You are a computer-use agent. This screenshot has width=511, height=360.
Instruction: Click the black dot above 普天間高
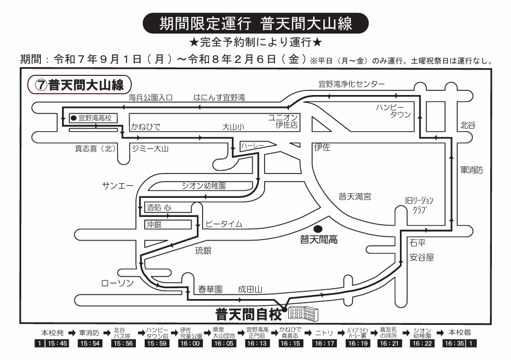pos(318,229)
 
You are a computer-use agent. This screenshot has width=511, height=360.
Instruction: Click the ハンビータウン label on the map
pos(394,111)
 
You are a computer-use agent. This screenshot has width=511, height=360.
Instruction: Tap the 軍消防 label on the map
pos(472,170)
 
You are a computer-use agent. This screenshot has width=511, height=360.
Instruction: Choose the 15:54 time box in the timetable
pos(90,343)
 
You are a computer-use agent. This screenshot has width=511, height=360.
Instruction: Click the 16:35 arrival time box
pos(455,343)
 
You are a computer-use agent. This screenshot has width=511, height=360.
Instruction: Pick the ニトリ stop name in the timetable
pos(324,333)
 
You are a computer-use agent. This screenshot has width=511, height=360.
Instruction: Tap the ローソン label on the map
pos(118,283)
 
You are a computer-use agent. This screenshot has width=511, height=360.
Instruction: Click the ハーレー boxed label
pos(252,146)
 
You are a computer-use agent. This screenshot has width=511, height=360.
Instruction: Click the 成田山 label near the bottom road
pos(251,290)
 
